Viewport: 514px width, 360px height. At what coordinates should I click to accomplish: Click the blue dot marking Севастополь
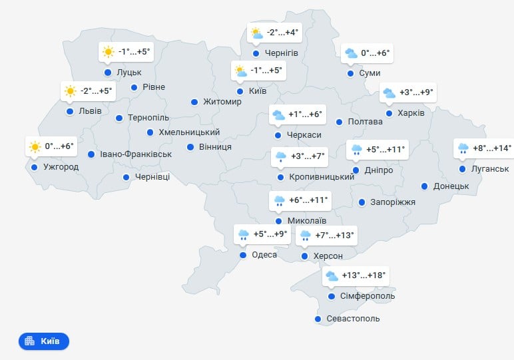pyautogui.click(x=318, y=319)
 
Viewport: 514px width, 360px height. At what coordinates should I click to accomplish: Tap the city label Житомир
pyautogui.click(x=222, y=102)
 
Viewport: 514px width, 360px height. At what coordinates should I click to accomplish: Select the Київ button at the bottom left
pyautogui.click(x=44, y=341)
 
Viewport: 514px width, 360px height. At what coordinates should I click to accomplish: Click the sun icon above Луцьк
pyautogui.click(x=108, y=51)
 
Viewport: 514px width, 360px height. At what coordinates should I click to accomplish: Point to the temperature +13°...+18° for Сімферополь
pyautogui.click(x=364, y=275)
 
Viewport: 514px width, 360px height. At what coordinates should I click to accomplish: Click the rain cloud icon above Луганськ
pyautogui.click(x=462, y=148)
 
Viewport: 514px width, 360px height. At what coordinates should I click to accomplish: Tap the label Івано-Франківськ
pyautogui.click(x=136, y=154)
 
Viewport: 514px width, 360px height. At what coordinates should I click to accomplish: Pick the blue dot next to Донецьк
pyautogui.click(x=423, y=186)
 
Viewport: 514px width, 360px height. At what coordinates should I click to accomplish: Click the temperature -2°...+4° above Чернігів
pyautogui.click(x=284, y=32)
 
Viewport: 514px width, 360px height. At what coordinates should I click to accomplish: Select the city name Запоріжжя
pyautogui.click(x=392, y=202)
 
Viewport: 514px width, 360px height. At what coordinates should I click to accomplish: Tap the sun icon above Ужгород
pyautogui.click(x=34, y=146)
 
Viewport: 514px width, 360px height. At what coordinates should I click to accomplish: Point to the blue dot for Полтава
pyautogui.click(x=339, y=122)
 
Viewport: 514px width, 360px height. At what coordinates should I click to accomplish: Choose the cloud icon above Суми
pyautogui.click(x=350, y=53)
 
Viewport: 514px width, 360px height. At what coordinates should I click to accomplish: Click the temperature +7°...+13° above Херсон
pyautogui.click(x=335, y=235)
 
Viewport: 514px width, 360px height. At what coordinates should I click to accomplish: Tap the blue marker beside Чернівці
pyautogui.click(x=126, y=177)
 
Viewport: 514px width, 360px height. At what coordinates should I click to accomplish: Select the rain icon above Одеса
pyautogui.click(x=244, y=234)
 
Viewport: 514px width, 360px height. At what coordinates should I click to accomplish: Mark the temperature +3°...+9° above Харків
pyautogui.click(x=416, y=92)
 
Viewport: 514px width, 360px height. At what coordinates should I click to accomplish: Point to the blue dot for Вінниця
pyautogui.click(x=190, y=147)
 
